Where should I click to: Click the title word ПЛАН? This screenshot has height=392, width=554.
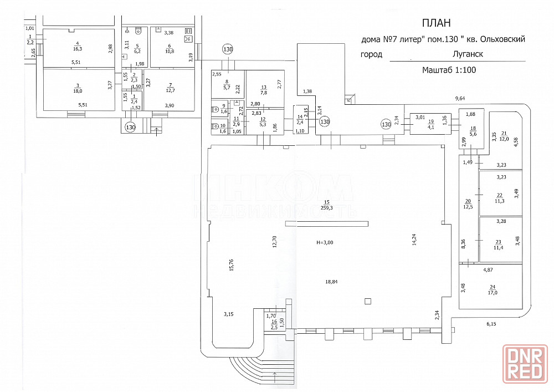437,23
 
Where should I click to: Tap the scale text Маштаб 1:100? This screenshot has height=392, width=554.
449,70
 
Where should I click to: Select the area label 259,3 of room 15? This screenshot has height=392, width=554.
327,208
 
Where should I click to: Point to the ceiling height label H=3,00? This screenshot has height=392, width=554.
325,242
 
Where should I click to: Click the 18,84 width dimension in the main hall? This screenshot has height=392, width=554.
331,282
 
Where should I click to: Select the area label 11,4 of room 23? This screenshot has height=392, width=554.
499,247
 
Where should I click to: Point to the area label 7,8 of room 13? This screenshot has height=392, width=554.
264,93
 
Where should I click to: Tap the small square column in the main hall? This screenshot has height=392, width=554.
367,301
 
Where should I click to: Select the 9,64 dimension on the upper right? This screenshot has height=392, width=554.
460,99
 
